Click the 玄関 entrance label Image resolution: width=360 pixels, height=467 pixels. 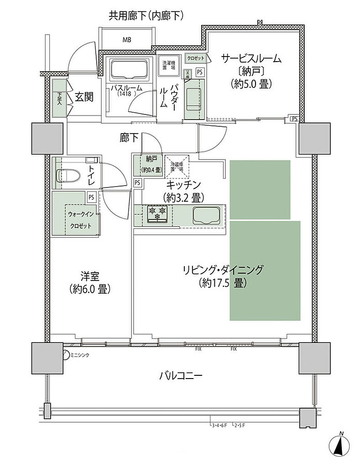tap(84, 97)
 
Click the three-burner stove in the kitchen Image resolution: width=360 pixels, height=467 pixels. tap(157, 213)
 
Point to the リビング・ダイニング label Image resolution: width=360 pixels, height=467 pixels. tap(223, 270)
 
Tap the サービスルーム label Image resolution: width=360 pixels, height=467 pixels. tap(251, 59)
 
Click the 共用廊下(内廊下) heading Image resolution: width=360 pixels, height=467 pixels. tap(146, 16)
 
